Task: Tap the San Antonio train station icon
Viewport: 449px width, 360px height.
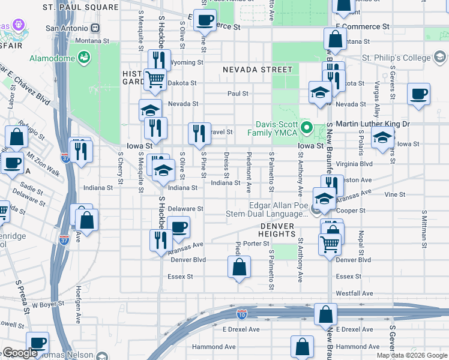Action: [x=95, y=28]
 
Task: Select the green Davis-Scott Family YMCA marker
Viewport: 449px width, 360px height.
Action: [x=307, y=127]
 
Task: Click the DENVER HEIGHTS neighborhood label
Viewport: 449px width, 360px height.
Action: [x=278, y=226]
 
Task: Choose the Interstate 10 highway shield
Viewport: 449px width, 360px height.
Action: [x=241, y=313]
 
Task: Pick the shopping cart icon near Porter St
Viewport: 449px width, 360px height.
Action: [x=330, y=245]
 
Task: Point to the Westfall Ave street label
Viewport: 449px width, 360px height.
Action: [x=354, y=293]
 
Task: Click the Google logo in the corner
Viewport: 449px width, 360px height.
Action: [x=20, y=353]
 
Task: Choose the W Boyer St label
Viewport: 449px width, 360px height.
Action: [x=48, y=305]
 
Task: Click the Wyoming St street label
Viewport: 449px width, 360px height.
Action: [x=184, y=62]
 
